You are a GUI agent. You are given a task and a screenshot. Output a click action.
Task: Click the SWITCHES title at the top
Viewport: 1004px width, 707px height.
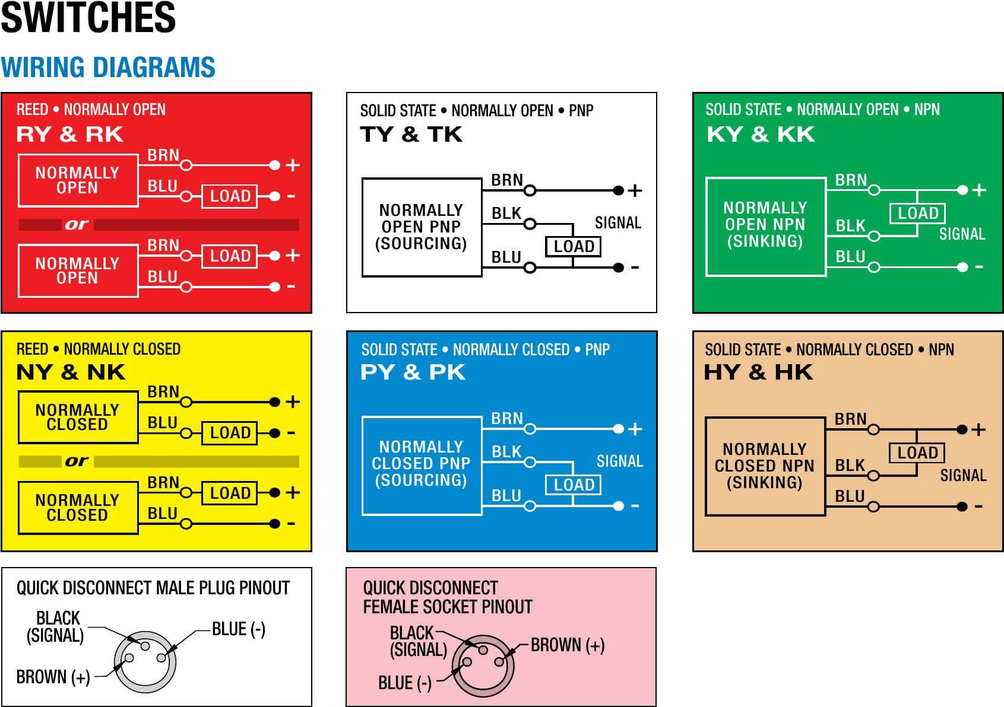pos(88,17)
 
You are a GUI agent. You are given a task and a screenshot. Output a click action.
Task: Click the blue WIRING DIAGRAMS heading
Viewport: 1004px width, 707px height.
pos(108,67)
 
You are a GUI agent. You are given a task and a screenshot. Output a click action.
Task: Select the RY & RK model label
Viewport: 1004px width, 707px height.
pos(69,134)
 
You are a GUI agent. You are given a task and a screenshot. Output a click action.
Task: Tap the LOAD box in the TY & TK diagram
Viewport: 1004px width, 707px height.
pos(574,246)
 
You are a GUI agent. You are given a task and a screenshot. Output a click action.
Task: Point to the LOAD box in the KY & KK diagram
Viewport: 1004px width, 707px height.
pos(917,213)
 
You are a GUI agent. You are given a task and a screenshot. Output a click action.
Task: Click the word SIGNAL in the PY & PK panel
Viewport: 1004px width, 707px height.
pos(619,461)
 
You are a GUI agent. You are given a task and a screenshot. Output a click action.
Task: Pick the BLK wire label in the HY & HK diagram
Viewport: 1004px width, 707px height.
pos(850,465)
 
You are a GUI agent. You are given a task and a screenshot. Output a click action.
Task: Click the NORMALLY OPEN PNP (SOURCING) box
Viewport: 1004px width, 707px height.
pos(422,227)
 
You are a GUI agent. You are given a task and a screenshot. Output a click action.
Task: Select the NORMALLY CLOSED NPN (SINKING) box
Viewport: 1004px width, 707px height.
pos(765,466)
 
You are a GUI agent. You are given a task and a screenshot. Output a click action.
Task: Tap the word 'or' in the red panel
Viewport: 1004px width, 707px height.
pos(76,224)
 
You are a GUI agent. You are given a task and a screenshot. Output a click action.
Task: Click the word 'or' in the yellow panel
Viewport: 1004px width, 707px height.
pos(76,461)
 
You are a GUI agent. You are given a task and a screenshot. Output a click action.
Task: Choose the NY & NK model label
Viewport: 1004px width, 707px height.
pos(71,372)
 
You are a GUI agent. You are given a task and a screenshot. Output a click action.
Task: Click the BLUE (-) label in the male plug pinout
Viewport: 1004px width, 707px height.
pos(239,629)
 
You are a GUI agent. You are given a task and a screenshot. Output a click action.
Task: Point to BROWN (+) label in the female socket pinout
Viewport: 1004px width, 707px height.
pos(568,645)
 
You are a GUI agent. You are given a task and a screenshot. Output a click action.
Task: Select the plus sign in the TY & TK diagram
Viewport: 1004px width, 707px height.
pos(635,191)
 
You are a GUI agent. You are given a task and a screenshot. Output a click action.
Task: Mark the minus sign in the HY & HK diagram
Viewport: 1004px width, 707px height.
pos(978,507)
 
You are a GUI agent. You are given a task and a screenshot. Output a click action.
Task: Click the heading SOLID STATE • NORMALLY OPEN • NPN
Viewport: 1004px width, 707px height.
pos(822,110)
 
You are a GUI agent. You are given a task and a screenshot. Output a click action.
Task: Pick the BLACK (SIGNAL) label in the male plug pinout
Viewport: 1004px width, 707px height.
pos(56,627)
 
